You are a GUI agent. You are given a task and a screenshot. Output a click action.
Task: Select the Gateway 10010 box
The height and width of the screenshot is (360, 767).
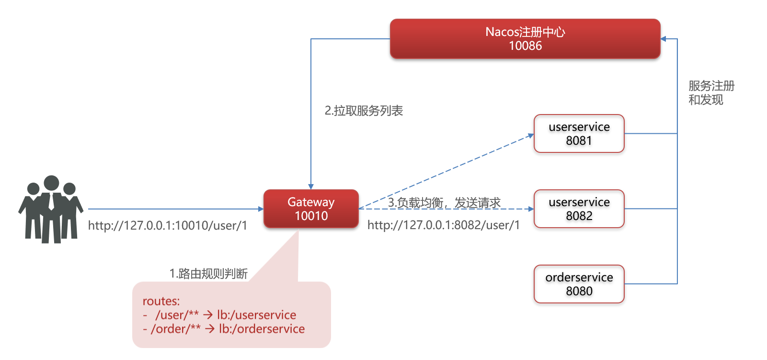click(311, 209)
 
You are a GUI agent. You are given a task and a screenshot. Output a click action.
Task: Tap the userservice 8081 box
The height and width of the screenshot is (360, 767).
click(579, 134)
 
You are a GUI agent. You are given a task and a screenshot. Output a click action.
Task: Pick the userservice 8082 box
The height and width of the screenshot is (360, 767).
click(579, 209)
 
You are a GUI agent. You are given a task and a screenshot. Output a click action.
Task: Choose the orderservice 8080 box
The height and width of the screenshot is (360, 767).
click(579, 284)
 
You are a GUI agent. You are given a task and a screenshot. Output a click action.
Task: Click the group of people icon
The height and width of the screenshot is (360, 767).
click(51, 209)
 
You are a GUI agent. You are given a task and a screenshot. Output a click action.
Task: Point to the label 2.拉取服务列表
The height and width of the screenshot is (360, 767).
click(364, 111)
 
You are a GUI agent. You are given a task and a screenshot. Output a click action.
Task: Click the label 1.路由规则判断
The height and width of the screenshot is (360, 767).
click(208, 274)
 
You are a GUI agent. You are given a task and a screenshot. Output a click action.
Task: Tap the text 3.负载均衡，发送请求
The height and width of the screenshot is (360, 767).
click(444, 203)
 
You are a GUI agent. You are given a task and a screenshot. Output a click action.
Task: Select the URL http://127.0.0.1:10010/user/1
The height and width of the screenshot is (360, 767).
click(168, 225)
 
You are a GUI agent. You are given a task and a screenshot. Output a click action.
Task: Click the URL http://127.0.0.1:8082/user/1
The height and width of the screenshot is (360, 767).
click(444, 225)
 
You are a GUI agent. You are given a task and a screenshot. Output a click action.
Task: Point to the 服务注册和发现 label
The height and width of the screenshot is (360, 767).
click(711, 93)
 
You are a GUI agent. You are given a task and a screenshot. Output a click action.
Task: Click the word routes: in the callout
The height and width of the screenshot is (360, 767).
click(161, 301)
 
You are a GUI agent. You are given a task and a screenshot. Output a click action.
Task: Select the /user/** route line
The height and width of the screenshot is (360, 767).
click(219, 315)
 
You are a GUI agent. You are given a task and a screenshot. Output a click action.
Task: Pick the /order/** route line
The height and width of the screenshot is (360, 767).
click(224, 329)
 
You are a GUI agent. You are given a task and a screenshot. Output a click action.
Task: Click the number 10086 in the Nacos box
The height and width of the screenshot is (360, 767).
click(525, 46)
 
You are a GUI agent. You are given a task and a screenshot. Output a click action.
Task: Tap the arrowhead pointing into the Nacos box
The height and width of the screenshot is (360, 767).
click(664, 39)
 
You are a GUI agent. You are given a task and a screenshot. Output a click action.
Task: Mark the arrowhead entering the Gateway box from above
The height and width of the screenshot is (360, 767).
click(311, 186)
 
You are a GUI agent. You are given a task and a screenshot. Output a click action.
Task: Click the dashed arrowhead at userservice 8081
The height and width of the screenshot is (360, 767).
click(530, 136)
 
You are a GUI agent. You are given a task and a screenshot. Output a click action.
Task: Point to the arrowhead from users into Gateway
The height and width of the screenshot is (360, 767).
click(261, 209)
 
